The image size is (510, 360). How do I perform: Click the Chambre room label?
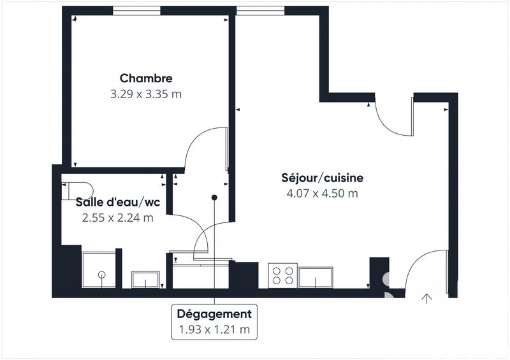point(146,78)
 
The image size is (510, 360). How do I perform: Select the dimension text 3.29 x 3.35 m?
point(146,94)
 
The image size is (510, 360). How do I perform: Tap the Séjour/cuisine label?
point(322,178)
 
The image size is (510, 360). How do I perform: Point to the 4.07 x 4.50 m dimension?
point(322,194)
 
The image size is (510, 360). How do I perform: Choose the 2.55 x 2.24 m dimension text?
point(117,218)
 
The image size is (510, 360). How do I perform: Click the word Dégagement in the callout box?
point(214,314)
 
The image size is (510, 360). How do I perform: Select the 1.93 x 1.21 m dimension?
point(214,329)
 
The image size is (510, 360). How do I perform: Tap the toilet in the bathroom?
point(76,191)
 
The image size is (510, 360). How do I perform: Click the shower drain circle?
point(101,275)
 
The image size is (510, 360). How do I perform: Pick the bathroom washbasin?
point(145,280)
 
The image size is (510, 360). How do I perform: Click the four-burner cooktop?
point(282,275)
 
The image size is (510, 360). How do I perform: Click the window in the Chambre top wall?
point(136,10)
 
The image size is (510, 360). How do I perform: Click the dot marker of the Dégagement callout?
point(214,198)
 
